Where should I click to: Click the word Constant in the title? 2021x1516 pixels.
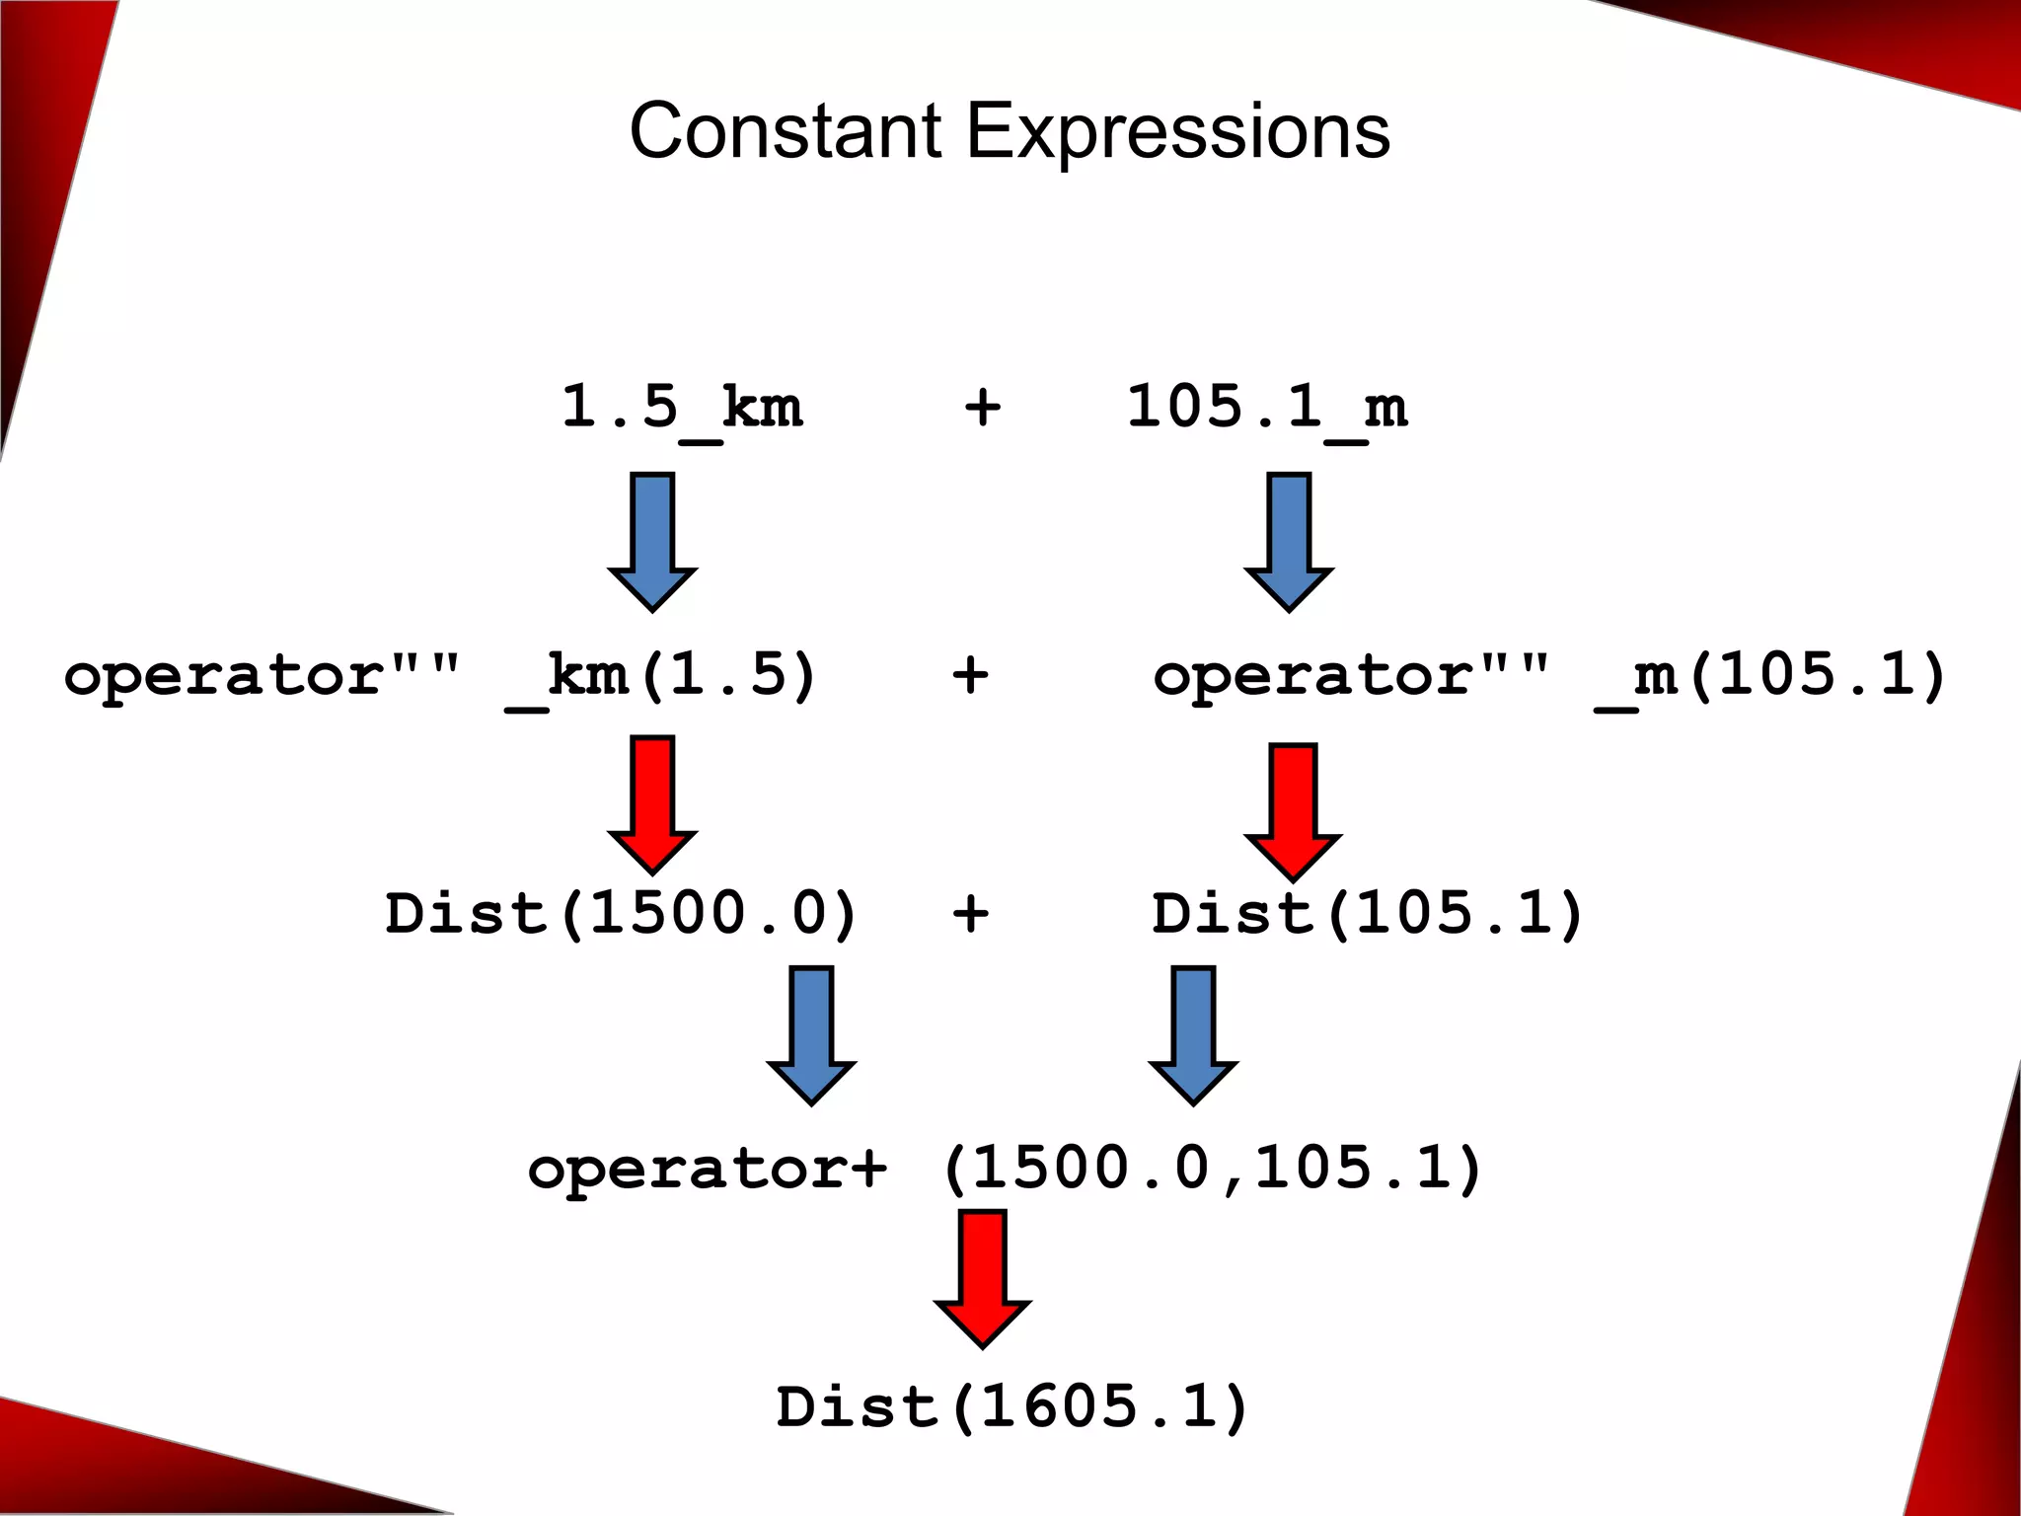pyautogui.click(x=786, y=131)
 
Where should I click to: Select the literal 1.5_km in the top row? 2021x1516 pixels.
pyautogui.click(x=682, y=408)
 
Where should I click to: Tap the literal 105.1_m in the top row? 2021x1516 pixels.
pyautogui.click(x=1267, y=408)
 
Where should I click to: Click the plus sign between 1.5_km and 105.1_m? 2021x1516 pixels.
pyautogui.click(x=983, y=408)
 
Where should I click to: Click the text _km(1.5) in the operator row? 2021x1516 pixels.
pyautogui.click(x=662, y=677)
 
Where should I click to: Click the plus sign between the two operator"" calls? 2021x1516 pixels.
pyautogui.click(x=970, y=676)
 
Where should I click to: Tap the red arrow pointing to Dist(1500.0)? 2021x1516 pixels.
pyautogui.click(x=652, y=803)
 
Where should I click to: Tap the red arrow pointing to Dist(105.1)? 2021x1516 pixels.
pyautogui.click(x=1293, y=811)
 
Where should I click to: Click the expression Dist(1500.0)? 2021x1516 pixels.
pyautogui.click(x=622, y=913)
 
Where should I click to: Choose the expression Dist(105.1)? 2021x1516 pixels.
pyautogui.click(x=1368, y=913)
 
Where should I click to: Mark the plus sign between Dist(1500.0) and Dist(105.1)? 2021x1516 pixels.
pyautogui.click(x=970, y=913)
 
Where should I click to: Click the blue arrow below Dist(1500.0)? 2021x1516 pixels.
pyautogui.click(x=811, y=1034)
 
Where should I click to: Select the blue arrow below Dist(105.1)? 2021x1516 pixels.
pyautogui.click(x=1193, y=1034)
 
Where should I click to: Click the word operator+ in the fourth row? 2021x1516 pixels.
pyautogui.click(x=708, y=1170)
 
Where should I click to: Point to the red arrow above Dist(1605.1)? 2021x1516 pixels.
pyautogui.click(x=983, y=1278)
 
